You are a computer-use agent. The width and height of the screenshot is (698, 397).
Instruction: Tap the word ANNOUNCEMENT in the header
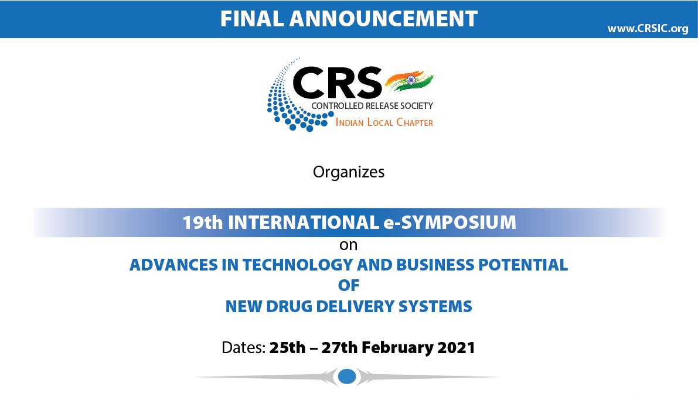[x=384, y=19]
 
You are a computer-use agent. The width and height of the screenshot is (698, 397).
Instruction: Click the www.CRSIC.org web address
[x=648, y=29]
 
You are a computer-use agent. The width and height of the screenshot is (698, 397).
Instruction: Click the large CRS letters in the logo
[x=337, y=83]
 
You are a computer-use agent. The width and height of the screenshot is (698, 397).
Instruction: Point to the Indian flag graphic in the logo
[x=409, y=81]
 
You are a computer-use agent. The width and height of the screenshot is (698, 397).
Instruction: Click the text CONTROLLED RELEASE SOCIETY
[x=372, y=106]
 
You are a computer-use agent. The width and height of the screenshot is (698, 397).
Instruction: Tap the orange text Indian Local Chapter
[x=384, y=122]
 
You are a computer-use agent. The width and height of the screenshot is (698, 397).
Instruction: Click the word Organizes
[x=349, y=172]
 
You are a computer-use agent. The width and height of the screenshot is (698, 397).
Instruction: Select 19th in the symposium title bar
[x=203, y=223]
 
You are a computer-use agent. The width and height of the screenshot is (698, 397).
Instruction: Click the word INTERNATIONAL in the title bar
[x=304, y=223]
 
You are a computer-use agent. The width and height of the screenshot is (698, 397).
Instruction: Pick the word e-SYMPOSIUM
[x=450, y=223]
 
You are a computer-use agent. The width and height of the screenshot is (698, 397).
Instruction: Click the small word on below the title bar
[x=349, y=245]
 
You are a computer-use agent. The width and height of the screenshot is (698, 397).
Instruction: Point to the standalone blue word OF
[x=349, y=285]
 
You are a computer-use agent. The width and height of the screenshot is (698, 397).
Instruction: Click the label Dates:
[x=243, y=347]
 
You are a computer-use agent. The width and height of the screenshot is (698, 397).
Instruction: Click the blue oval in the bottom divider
[x=347, y=377]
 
